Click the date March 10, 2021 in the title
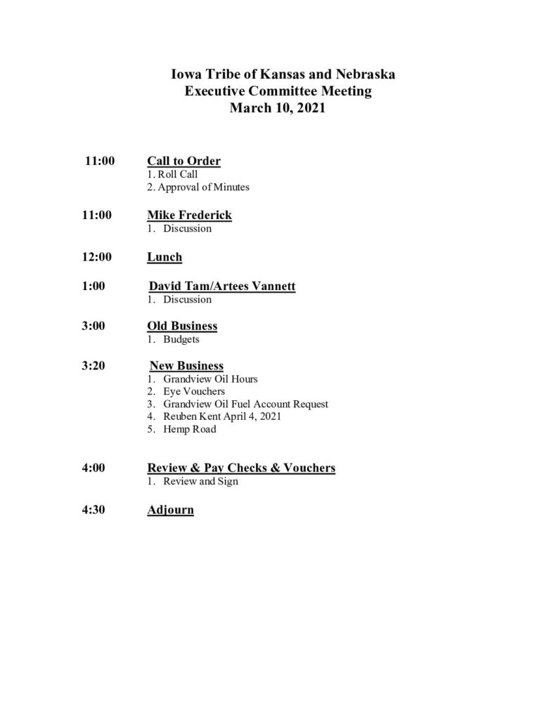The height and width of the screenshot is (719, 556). coord(278,109)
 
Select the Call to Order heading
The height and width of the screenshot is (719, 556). coord(183,161)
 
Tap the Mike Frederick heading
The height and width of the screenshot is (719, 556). coord(189,216)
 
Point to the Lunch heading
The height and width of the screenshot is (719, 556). coord(164,257)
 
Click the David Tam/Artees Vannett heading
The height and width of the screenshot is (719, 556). coord(222,286)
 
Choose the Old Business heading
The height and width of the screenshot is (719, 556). coord(182,326)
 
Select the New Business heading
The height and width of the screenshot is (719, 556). coord(186,366)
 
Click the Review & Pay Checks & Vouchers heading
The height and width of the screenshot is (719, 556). coord(241,468)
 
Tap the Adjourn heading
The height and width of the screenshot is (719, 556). coord(170,510)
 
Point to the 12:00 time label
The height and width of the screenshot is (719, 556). coord(97,257)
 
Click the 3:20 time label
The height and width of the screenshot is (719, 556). coord(93,366)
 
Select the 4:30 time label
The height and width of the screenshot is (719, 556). coord(93,510)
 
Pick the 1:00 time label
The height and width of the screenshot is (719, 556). coord(93,286)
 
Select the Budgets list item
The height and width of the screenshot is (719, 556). coord(181,339)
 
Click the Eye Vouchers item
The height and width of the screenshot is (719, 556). coord(193,392)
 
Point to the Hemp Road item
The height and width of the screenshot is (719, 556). coord(189,430)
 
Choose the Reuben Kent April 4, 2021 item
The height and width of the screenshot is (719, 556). coord(222,417)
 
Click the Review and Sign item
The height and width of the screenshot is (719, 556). coord(200,481)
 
